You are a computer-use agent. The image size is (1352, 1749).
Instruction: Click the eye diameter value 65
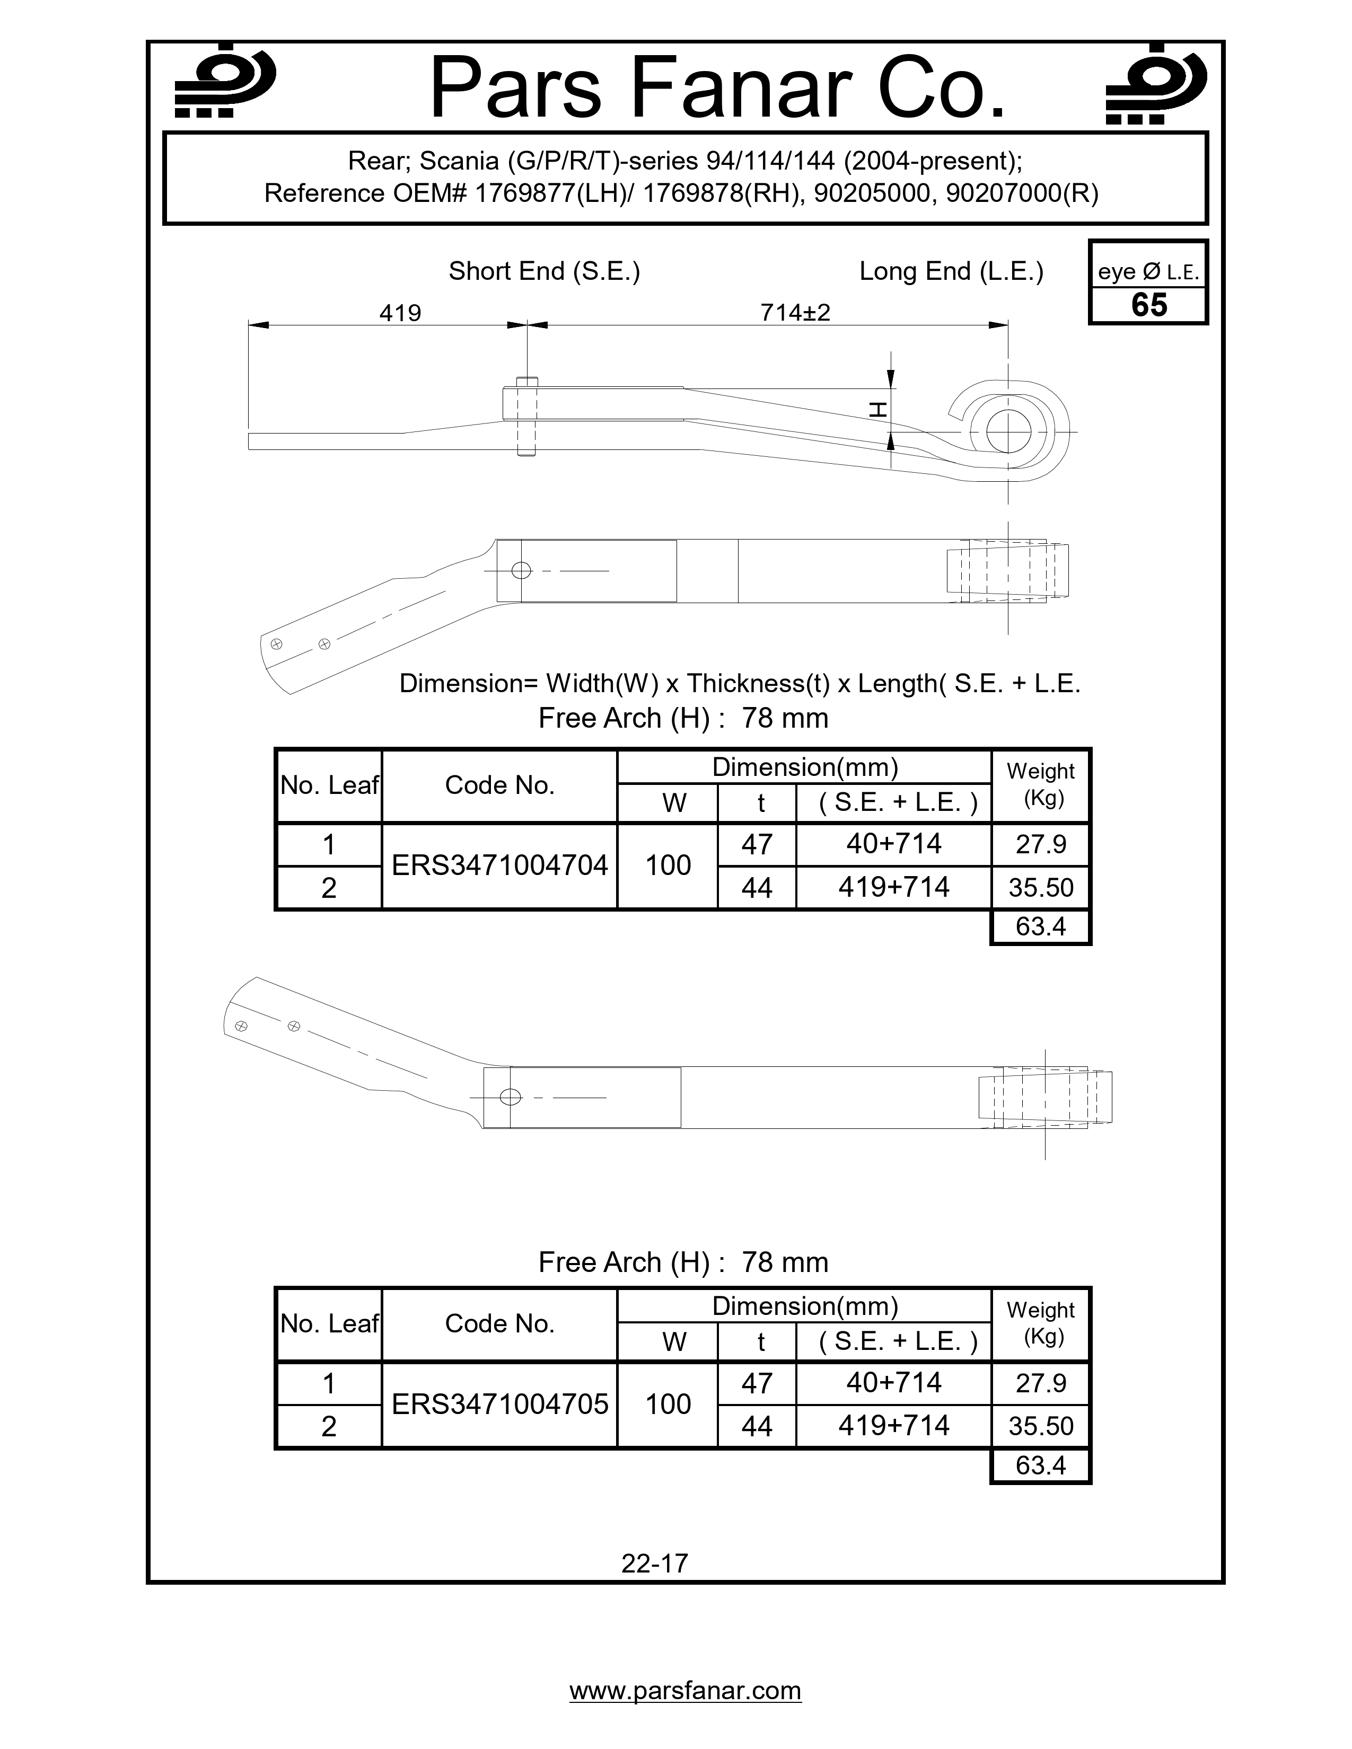pos(1148,306)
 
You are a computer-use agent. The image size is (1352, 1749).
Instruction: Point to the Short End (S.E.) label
pos(544,271)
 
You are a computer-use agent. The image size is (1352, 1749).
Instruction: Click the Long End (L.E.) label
pos(951,271)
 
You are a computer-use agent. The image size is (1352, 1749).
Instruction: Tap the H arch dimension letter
pos(879,410)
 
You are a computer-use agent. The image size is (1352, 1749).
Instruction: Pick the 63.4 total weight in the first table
pos(1040,926)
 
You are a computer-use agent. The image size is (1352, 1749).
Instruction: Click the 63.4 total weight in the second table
pos(1040,1465)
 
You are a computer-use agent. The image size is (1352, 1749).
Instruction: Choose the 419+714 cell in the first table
pos(893,887)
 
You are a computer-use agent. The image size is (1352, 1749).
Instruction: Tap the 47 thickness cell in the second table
pos(756,1383)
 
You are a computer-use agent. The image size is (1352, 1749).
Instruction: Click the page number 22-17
pos(654,1562)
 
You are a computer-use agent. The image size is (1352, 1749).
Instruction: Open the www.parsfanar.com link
pos(685,1691)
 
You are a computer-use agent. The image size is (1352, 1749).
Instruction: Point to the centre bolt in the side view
pos(526,416)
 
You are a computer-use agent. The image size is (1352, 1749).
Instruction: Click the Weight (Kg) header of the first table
pos(1040,785)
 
